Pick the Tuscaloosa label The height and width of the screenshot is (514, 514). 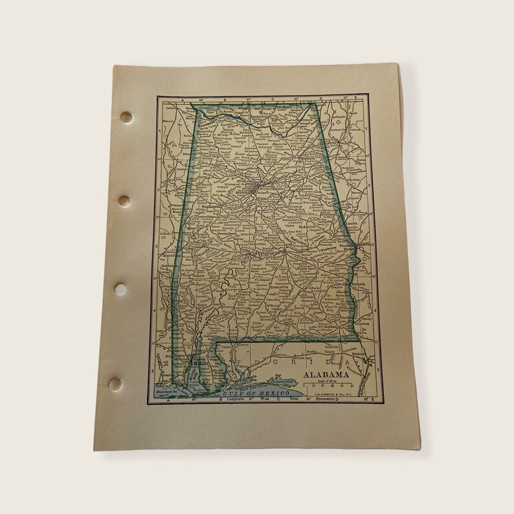[212, 207]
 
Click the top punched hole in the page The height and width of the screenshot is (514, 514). [126, 117]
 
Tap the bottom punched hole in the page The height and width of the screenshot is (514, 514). [115, 384]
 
